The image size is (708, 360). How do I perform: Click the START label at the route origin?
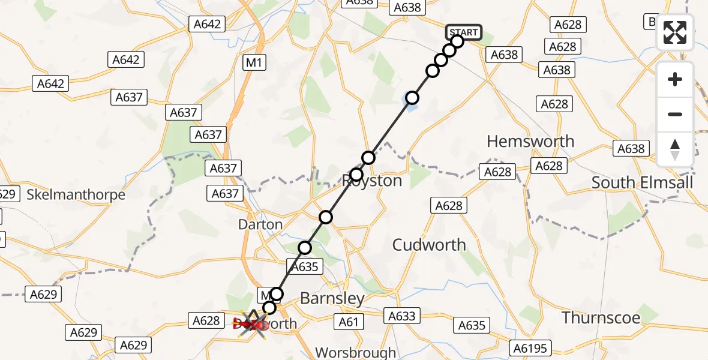(464, 32)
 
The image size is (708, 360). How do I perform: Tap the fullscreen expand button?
(675, 33)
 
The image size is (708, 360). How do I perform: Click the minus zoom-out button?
(675, 114)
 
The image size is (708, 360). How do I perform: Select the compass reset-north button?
(675, 149)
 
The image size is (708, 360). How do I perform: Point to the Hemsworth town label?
(530, 142)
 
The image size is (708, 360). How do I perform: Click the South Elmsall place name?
(642, 182)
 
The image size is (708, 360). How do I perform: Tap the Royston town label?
(372, 181)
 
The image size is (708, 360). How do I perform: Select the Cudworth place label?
(429, 245)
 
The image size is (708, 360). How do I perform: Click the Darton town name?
(260, 224)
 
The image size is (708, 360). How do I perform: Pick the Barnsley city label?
(332, 298)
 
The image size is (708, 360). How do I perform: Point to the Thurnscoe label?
(601, 317)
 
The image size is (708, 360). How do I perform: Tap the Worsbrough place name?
(356, 352)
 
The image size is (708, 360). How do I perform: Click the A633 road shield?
(401, 316)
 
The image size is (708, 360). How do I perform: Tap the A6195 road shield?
(530, 348)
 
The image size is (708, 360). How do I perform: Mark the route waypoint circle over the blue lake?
(412, 98)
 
